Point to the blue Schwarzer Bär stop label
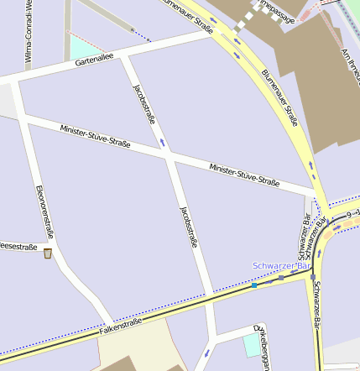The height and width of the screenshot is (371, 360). click(281, 265)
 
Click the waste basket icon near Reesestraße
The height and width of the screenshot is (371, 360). click(48, 253)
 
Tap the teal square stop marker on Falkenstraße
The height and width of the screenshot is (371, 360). click(253, 285)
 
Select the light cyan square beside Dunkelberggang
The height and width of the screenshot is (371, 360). click(252, 345)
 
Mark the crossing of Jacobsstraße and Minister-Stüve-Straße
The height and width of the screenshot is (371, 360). click(170, 156)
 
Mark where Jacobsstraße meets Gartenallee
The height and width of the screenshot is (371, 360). click(125, 58)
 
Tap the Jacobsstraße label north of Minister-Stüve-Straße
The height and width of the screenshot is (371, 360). click(144, 104)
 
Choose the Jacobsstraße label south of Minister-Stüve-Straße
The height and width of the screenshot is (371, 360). click(189, 227)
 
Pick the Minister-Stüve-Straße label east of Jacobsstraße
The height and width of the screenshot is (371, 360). click(244, 175)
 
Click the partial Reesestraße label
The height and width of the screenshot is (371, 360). click(18, 247)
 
